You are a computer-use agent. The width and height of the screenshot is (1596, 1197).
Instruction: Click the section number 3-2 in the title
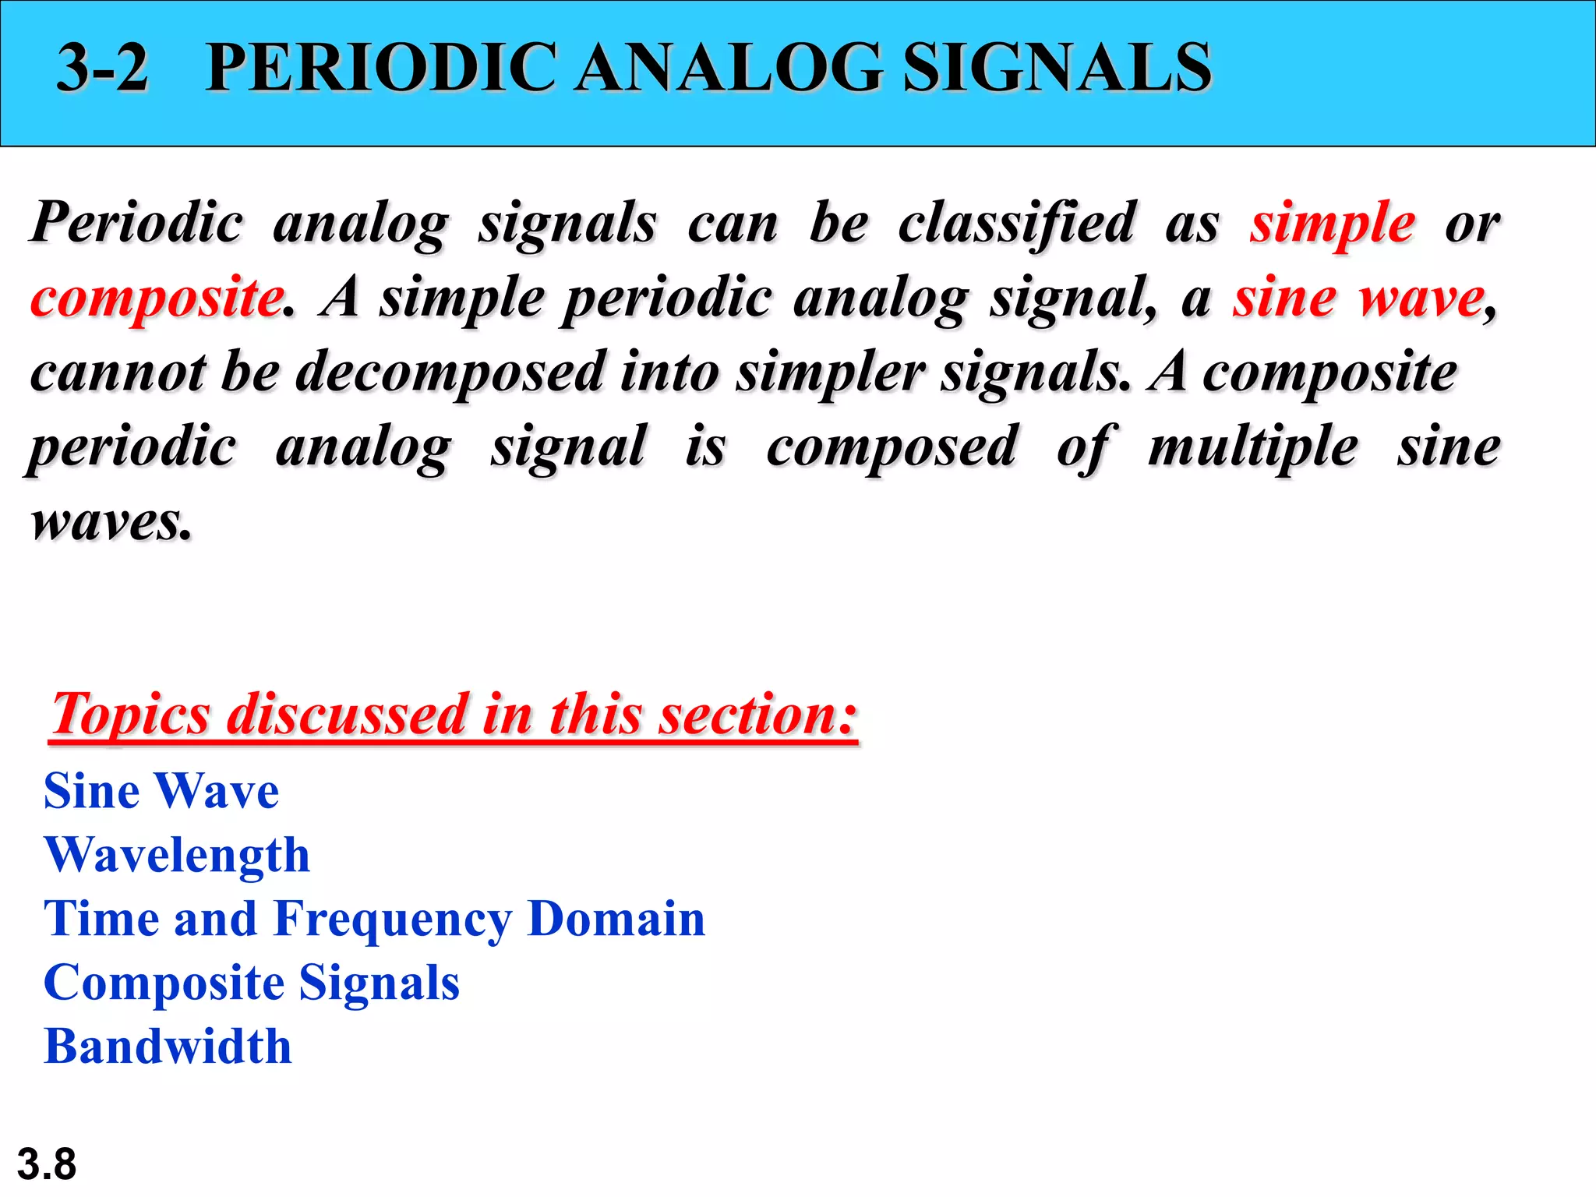[102, 69]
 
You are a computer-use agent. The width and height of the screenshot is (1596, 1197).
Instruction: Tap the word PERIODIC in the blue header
[382, 69]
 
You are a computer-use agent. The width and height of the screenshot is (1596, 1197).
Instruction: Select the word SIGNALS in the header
[1057, 69]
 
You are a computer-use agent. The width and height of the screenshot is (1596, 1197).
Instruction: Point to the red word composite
[157, 299]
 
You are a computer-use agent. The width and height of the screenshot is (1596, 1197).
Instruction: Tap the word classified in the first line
[1017, 223]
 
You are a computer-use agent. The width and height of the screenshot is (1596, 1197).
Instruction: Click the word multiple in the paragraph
[1253, 447]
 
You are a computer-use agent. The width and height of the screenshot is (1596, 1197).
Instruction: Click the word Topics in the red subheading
[130, 714]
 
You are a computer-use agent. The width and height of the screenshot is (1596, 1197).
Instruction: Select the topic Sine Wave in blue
[161, 791]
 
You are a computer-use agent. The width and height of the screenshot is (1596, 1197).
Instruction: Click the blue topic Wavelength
[177, 855]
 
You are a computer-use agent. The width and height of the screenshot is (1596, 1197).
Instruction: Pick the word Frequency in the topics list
[392, 920]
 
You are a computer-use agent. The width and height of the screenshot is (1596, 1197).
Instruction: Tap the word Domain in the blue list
[616, 919]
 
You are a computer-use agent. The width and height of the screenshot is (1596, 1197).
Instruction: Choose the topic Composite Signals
[251, 983]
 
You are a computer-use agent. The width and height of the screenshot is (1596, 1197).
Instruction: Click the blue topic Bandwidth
[168, 1047]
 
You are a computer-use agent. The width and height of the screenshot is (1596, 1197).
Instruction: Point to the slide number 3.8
[47, 1164]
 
